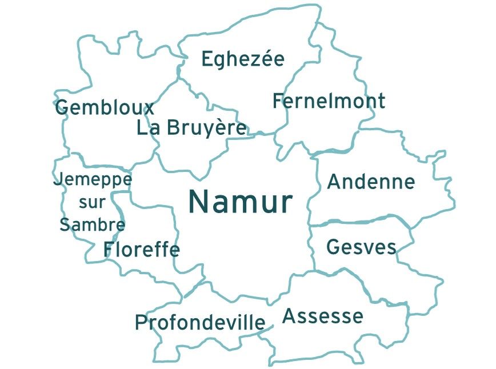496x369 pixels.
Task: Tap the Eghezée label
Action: pos(243,59)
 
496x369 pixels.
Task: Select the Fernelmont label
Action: pos(329,102)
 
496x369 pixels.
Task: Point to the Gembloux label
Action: pos(105,107)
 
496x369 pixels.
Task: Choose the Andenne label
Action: pos(370,182)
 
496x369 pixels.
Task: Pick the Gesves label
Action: pos(361,247)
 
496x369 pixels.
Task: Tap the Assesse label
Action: pos(323,316)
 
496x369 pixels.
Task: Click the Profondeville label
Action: pos(200,323)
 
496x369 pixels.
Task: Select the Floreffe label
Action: pos(141,250)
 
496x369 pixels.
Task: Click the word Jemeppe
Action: pos(93,180)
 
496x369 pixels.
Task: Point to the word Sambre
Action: pos(92,224)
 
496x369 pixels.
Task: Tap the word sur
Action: pos(92,202)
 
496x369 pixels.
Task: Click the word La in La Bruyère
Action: pos(148,129)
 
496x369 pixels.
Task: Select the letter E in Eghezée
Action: pos(207,59)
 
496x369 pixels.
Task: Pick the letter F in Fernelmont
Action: pos(278,102)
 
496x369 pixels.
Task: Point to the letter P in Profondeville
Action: pos(141,323)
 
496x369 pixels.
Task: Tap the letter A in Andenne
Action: pos(334,182)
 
